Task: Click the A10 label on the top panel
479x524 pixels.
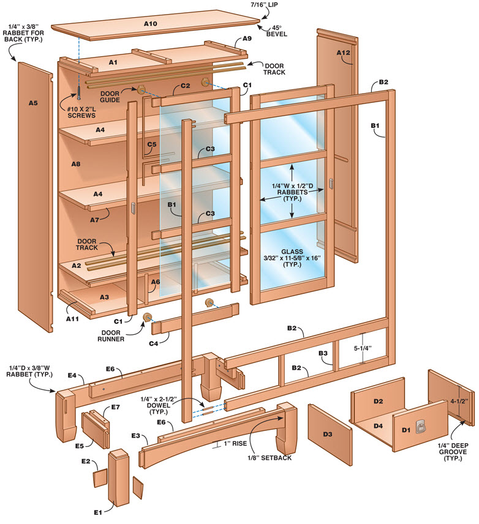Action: [151, 24]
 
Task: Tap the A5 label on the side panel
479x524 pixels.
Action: [33, 103]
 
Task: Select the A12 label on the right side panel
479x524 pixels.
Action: [343, 53]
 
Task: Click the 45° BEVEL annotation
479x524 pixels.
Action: [277, 31]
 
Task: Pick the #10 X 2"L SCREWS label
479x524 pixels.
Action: [81, 112]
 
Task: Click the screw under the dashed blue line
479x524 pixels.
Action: [79, 92]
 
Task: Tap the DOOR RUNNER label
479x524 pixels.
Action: [111, 336]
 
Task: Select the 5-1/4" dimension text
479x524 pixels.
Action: [363, 348]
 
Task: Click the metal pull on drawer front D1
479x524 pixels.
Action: [420, 427]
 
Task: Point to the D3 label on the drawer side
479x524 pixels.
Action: [328, 434]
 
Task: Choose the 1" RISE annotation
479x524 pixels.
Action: [235, 443]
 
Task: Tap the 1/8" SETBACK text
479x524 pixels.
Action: [270, 458]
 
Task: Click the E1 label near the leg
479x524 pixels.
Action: [97, 512]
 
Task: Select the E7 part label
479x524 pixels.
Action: [115, 407]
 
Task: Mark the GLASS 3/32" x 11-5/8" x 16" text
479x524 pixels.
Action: [292, 258]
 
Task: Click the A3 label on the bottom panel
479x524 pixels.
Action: [104, 297]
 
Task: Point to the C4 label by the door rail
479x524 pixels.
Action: [153, 343]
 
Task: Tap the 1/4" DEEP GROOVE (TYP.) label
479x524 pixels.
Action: [453, 452]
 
